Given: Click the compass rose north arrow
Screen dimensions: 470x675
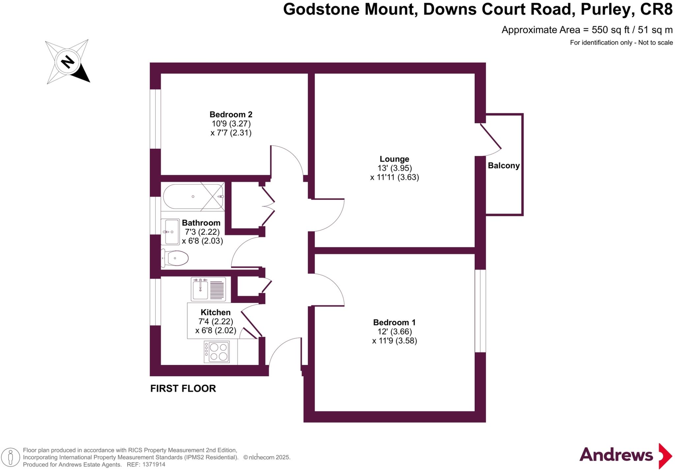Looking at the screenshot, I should pos(68,62).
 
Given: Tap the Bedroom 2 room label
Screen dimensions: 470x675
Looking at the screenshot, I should pos(231,115).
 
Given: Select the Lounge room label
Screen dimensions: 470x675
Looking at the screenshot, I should pos(394,159).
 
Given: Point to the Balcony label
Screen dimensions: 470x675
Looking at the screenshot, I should pos(504,166).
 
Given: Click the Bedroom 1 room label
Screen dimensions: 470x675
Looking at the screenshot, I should pos(394,322).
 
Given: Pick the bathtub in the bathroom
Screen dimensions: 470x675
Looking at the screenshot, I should pos(193,197).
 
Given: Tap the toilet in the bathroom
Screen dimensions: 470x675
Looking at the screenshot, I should pos(175,258).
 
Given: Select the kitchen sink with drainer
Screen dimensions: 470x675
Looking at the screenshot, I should pos(208,289).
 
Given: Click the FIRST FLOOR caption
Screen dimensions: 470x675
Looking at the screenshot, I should pos(183,389).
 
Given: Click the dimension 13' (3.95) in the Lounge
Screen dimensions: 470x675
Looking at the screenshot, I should pos(395,168).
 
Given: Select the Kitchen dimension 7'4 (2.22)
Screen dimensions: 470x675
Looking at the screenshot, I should pos(216,321).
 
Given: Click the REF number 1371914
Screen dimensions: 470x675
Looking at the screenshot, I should pos(154,465).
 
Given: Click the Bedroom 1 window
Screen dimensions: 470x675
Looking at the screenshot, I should pos(480,311).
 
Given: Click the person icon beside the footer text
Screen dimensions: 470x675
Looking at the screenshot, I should pos(11,457).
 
